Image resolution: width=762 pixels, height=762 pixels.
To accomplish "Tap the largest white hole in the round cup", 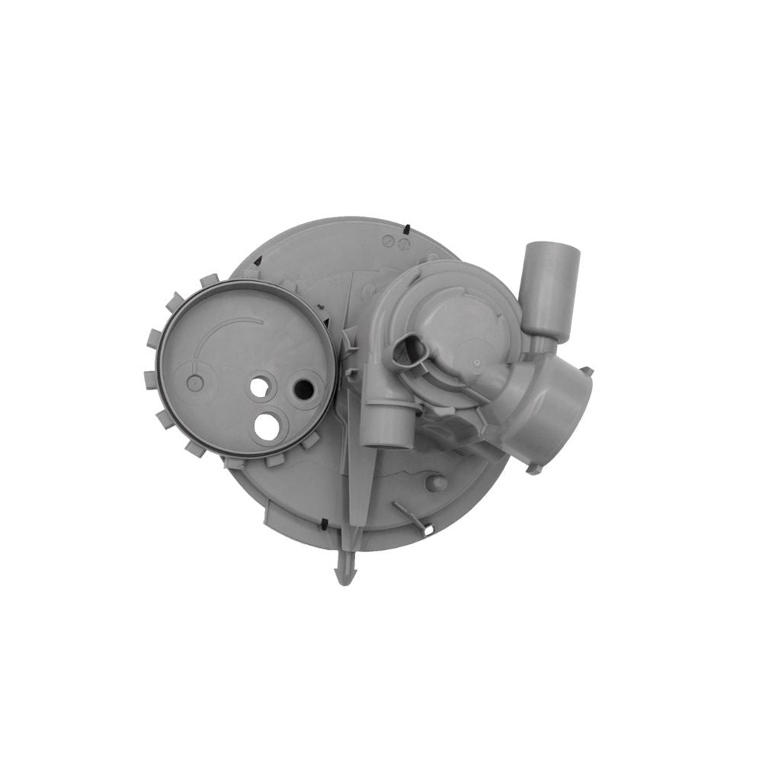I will click(x=267, y=426).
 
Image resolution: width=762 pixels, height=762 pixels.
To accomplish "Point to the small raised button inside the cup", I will click(x=195, y=383).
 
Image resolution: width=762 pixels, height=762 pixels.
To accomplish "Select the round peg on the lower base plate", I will click(x=437, y=484).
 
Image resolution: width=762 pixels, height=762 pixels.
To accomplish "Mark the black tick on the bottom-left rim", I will click(x=325, y=525).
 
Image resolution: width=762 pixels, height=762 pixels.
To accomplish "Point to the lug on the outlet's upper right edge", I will click(x=587, y=371).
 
